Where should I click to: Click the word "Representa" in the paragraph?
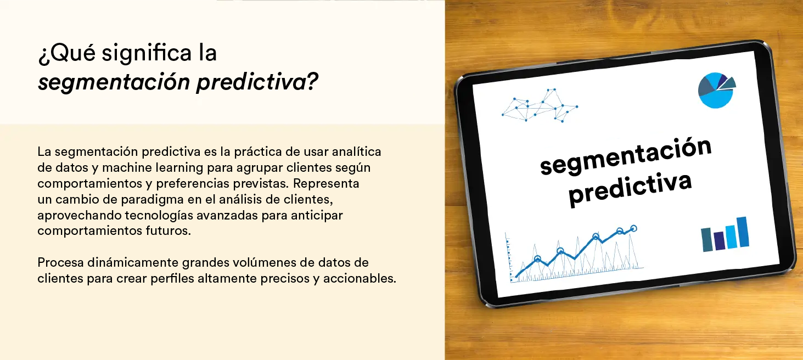coord(326,184)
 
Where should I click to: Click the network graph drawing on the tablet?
coord(540,105)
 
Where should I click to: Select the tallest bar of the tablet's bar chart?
coord(744,232)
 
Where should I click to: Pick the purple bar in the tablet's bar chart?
coord(720,240)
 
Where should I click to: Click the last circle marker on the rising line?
coord(633,228)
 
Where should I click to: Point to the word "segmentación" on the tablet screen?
coord(626,157)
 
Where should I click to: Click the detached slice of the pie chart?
coord(728,83)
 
